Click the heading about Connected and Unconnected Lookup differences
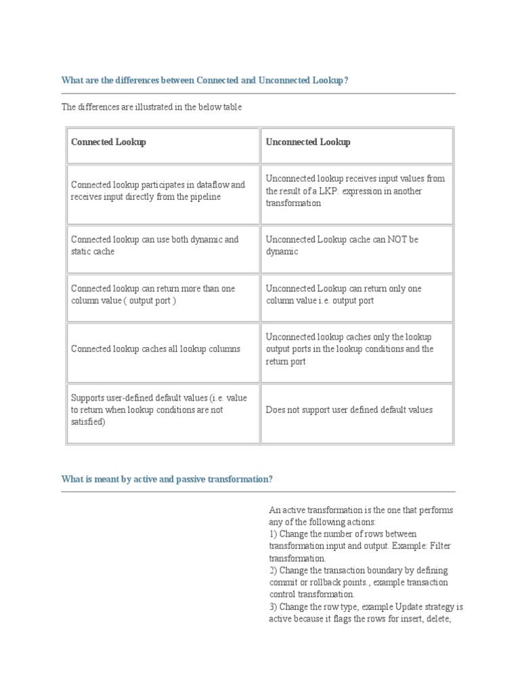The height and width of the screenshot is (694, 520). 204,81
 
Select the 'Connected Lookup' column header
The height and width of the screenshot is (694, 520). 108,142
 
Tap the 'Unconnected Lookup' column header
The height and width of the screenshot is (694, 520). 308,142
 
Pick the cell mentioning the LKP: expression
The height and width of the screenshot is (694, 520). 355,191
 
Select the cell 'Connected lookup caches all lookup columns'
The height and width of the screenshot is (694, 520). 155,349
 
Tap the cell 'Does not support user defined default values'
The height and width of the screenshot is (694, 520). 349,410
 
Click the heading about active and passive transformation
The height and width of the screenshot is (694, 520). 167,479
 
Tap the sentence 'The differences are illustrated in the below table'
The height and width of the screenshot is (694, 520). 151,107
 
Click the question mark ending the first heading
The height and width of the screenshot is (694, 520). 346,81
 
